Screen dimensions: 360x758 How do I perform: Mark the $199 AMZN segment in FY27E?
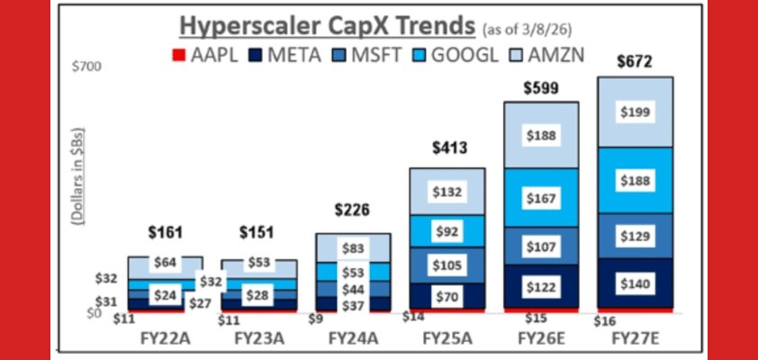[635, 112]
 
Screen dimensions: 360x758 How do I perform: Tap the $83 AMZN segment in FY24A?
[352, 246]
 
